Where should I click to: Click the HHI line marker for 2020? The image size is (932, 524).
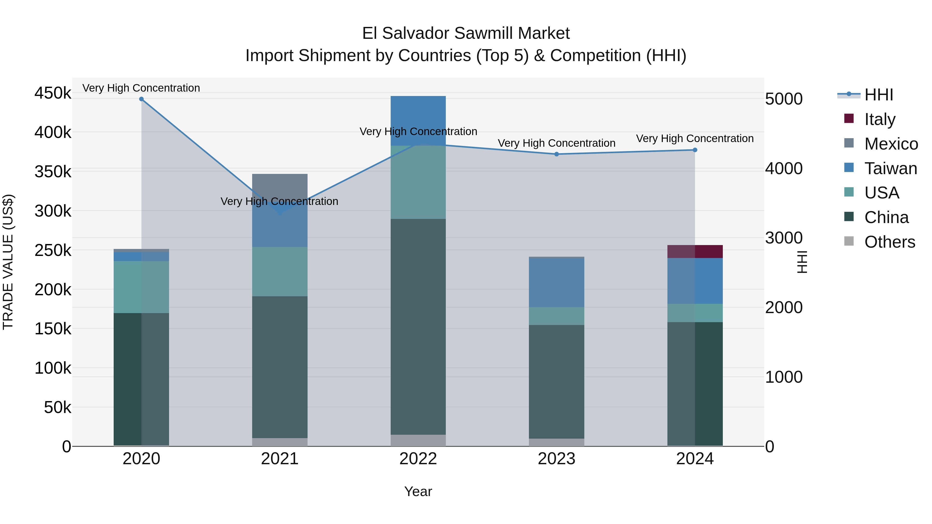tap(141, 99)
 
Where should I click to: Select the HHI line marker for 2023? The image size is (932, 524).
tap(556, 154)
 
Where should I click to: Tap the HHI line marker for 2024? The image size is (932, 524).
tap(695, 150)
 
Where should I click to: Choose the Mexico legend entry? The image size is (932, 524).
tap(891, 144)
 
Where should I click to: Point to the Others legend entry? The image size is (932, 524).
tap(889, 242)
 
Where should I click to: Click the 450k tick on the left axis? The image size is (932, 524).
tap(53, 93)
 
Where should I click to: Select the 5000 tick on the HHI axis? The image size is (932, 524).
tap(784, 99)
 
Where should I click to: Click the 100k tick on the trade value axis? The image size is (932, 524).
tap(53, 368)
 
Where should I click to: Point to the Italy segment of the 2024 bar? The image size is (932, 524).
tap(695, 251)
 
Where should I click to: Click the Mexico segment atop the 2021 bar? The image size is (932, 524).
tap(280, 184)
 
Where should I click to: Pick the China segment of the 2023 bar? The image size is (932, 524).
tap(556, 381)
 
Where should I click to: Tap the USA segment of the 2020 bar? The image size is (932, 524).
tap(141, 287)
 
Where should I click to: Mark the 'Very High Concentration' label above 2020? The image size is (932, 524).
tap(141, 88)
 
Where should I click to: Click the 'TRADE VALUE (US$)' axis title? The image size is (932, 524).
tap(8, 262)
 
